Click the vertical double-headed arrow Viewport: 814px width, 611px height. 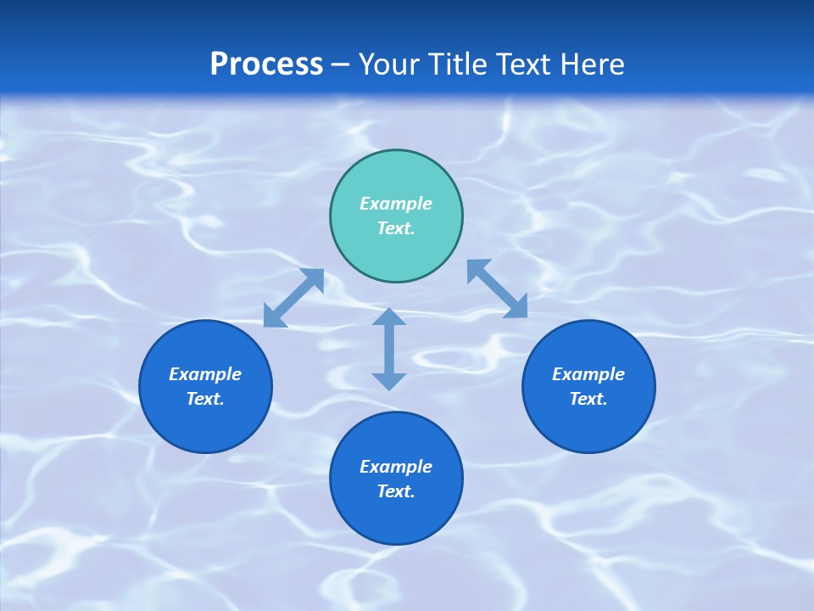(x=389, y=349)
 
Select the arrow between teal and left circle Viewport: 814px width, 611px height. (x=293, y=298)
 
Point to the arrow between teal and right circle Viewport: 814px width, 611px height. (x=497, y=289)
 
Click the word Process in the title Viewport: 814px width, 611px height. (x=266, y=64)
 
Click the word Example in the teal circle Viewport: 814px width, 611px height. (x=396, y=204)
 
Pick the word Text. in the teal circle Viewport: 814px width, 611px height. (x=396, y=228)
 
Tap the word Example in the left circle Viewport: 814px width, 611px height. (x=205, y=374)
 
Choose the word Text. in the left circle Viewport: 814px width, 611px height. (x=205, y=399)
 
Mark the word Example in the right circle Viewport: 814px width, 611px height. (x=588, y=374)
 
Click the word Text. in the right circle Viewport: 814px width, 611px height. (x=588, y=399)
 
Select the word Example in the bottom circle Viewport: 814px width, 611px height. (x=396, y=467)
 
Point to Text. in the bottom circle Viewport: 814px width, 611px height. (x=396, y=491)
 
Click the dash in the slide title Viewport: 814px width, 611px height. (x=341, y=64)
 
